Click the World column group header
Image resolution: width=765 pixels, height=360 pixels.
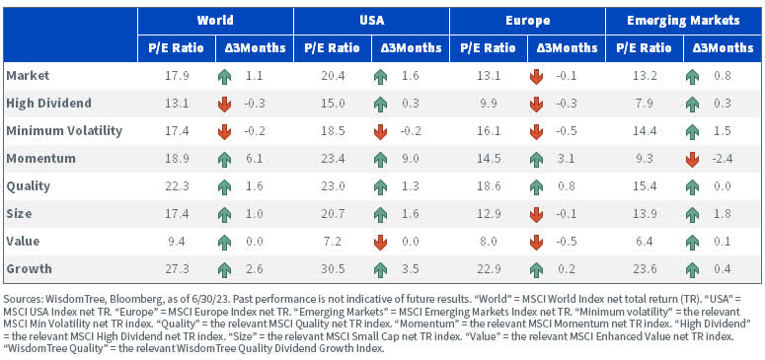[216, 20]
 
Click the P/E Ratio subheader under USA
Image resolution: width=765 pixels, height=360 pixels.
[333, 46]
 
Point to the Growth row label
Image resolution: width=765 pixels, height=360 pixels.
[29, 267]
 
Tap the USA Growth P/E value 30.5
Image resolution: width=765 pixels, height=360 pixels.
[333, 267]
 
